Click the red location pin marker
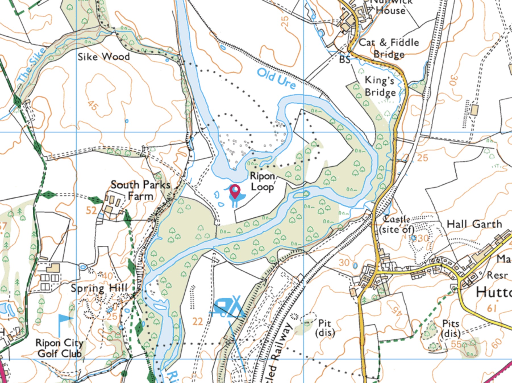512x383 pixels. pyautogui.click(x=235, y=191)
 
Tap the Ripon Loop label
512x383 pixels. pyautogui.click(x=262, y=182)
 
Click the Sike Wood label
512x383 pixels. pyautogui.click(x=104, y=57)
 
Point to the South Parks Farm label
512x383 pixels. pyautogui.click(x=140, y=190)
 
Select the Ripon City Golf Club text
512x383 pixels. pyautogui.click(x=59, y=348)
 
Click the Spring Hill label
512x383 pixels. pyautogui.click(x=99, y=288)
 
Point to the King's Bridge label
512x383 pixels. pyautogui.click(x=380, y=87)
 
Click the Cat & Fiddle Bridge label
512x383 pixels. pyautogui.click(x=389, y=48)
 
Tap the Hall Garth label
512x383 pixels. pyautogui.click(x=474, y=224)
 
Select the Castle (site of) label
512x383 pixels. pyautogui.click(x=397, y=224)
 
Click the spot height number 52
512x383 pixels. pyautogui.click(x=91, y=211)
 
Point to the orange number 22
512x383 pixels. pyautogui.click(x=197, y=321)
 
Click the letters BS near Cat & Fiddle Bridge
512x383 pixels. pyautogui.click(x=345, y=60)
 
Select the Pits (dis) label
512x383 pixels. pyautogui.click(x=451, y=328)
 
